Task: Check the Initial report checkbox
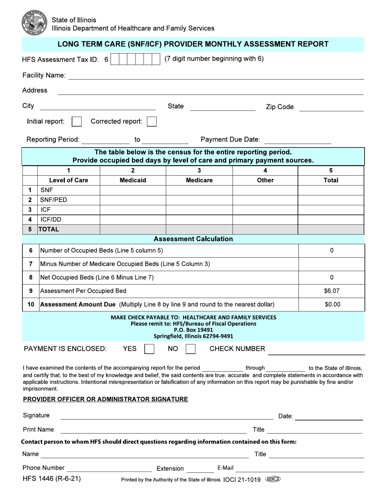tap(77, 122)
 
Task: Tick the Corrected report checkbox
tap(152, 122)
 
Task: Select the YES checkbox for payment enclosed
tap(149, 349)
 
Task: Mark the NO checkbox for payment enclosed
tap(191, 349)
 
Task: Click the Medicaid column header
tap(133, 180)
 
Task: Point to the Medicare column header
tap(199, 180)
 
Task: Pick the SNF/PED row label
tap(53, 200)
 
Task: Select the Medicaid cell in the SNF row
tap(133, 190)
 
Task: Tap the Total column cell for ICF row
tap(331, 210)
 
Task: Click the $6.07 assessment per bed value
tap(332, 291)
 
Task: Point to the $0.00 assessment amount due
tap(332, 304)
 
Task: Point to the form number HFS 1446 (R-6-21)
tap(52, 479)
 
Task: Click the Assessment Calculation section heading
tap(193, 239)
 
